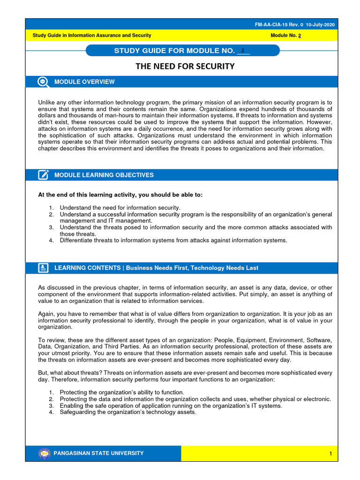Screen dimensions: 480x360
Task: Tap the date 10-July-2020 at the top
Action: tap(321, 24)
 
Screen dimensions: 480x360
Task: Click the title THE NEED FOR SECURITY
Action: tap(185, 67)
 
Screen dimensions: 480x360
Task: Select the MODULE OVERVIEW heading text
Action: tap(84, 82)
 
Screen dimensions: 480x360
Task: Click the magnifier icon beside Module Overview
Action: tap(43, 82)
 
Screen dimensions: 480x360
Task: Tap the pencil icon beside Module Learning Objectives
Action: tap(43, 175)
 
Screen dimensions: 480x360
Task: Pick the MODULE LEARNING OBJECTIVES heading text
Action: tap(104, 175)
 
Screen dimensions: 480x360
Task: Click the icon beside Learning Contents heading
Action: tap(43, 268)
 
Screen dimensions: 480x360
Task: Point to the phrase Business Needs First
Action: tap(156, 268)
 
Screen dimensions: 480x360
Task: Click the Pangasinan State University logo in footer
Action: tap(44, 453)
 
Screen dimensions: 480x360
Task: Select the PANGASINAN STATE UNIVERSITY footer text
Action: tap(99, 453)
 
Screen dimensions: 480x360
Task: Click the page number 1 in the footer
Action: tap(330, 454)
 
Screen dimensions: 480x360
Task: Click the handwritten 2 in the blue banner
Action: tap(242, 51)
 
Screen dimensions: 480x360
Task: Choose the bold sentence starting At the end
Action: tap(120, 195)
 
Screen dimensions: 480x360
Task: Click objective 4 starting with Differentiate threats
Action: tap(172, 241)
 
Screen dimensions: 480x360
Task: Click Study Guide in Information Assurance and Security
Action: tap(92, 36)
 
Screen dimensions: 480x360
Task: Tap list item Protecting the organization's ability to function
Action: tap(122, 392)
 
